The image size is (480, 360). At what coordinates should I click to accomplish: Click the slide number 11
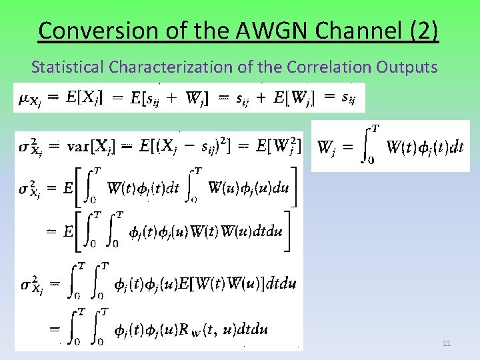(x=447, y=343)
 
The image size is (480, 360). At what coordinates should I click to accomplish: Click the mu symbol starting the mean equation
(x=22, y=99)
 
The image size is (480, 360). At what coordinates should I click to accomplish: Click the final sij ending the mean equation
(x=348, y=98)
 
